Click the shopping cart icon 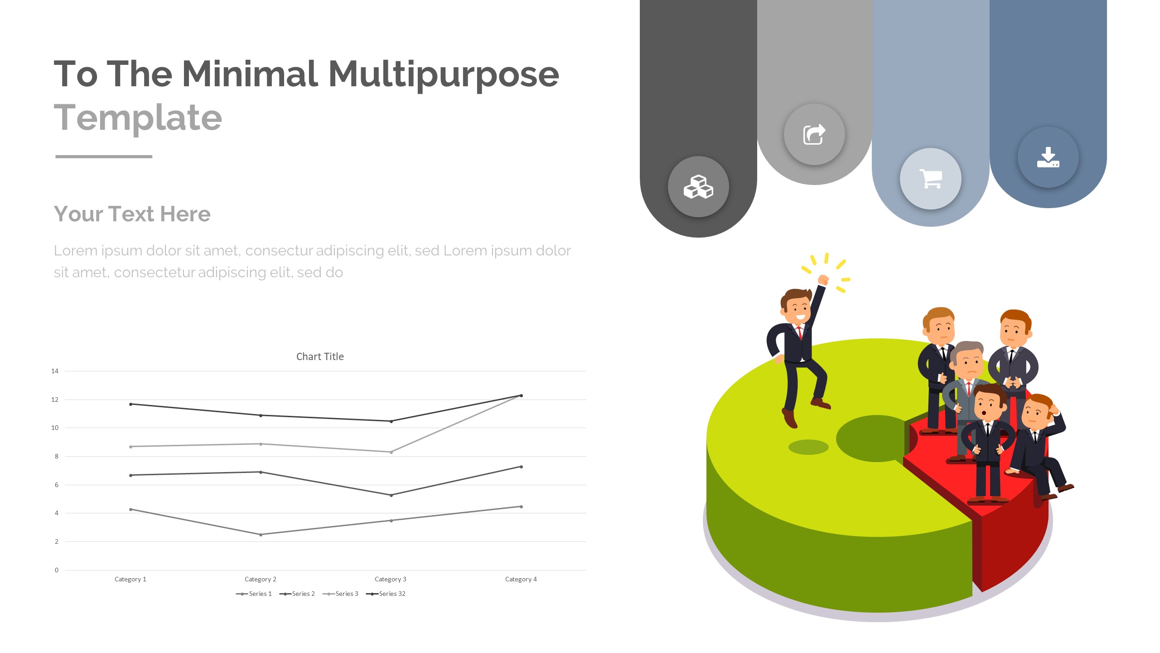[931, 179]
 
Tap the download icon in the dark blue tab [1048, 157]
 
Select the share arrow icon [814, 134]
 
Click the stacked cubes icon [698, 187]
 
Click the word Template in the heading [138, 117]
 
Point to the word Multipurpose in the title [444, 75]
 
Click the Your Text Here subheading [132, 214]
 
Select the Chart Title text [320, 356]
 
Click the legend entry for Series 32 [386, 594]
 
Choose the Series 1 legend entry [254, 594]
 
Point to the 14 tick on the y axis [55, 371]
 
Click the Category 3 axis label [391, 579]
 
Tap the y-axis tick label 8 [57, 456]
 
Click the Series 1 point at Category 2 [261, 535]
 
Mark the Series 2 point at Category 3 [391, 495]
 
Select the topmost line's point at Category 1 [131, 404]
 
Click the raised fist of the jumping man [823, 280]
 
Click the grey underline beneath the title [104, 156]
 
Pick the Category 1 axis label [130, 579]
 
